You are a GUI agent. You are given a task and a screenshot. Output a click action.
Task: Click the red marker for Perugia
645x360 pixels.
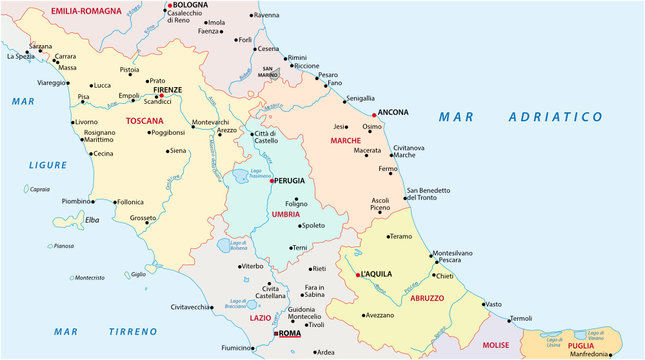coord(272,181)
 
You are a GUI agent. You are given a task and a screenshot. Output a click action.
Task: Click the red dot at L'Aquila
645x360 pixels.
coord(357,273)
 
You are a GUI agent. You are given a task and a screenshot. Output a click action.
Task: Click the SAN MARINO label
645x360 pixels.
coord(263,73)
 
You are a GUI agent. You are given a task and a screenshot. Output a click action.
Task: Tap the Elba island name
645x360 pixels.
coord(91,220)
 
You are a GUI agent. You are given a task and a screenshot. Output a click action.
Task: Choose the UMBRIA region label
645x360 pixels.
coord(285,214)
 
